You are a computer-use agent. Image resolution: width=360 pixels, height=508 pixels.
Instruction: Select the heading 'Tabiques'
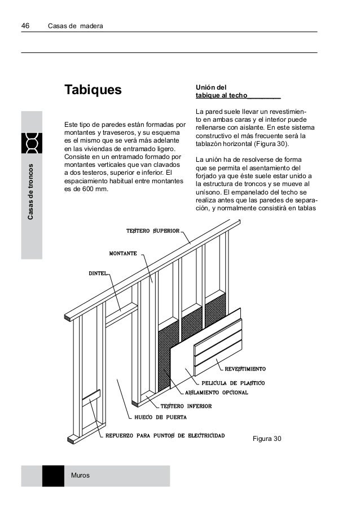point(93,90)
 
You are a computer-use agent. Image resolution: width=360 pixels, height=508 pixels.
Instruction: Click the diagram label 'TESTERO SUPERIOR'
point(152,231)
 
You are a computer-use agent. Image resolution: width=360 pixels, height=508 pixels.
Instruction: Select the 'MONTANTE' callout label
point(122,254)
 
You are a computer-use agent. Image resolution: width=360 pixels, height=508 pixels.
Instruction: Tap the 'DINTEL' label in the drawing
point(97,273)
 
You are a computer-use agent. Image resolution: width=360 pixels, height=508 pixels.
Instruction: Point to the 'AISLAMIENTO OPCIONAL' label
point(217,392)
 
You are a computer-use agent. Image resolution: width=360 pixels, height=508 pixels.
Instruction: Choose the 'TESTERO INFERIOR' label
point(186,406)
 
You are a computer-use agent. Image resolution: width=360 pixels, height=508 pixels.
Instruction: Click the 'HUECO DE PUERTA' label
point(160,418)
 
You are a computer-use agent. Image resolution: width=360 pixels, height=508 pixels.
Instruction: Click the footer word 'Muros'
point(81,476)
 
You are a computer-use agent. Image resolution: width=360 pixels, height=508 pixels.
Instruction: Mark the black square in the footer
point(53,476)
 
